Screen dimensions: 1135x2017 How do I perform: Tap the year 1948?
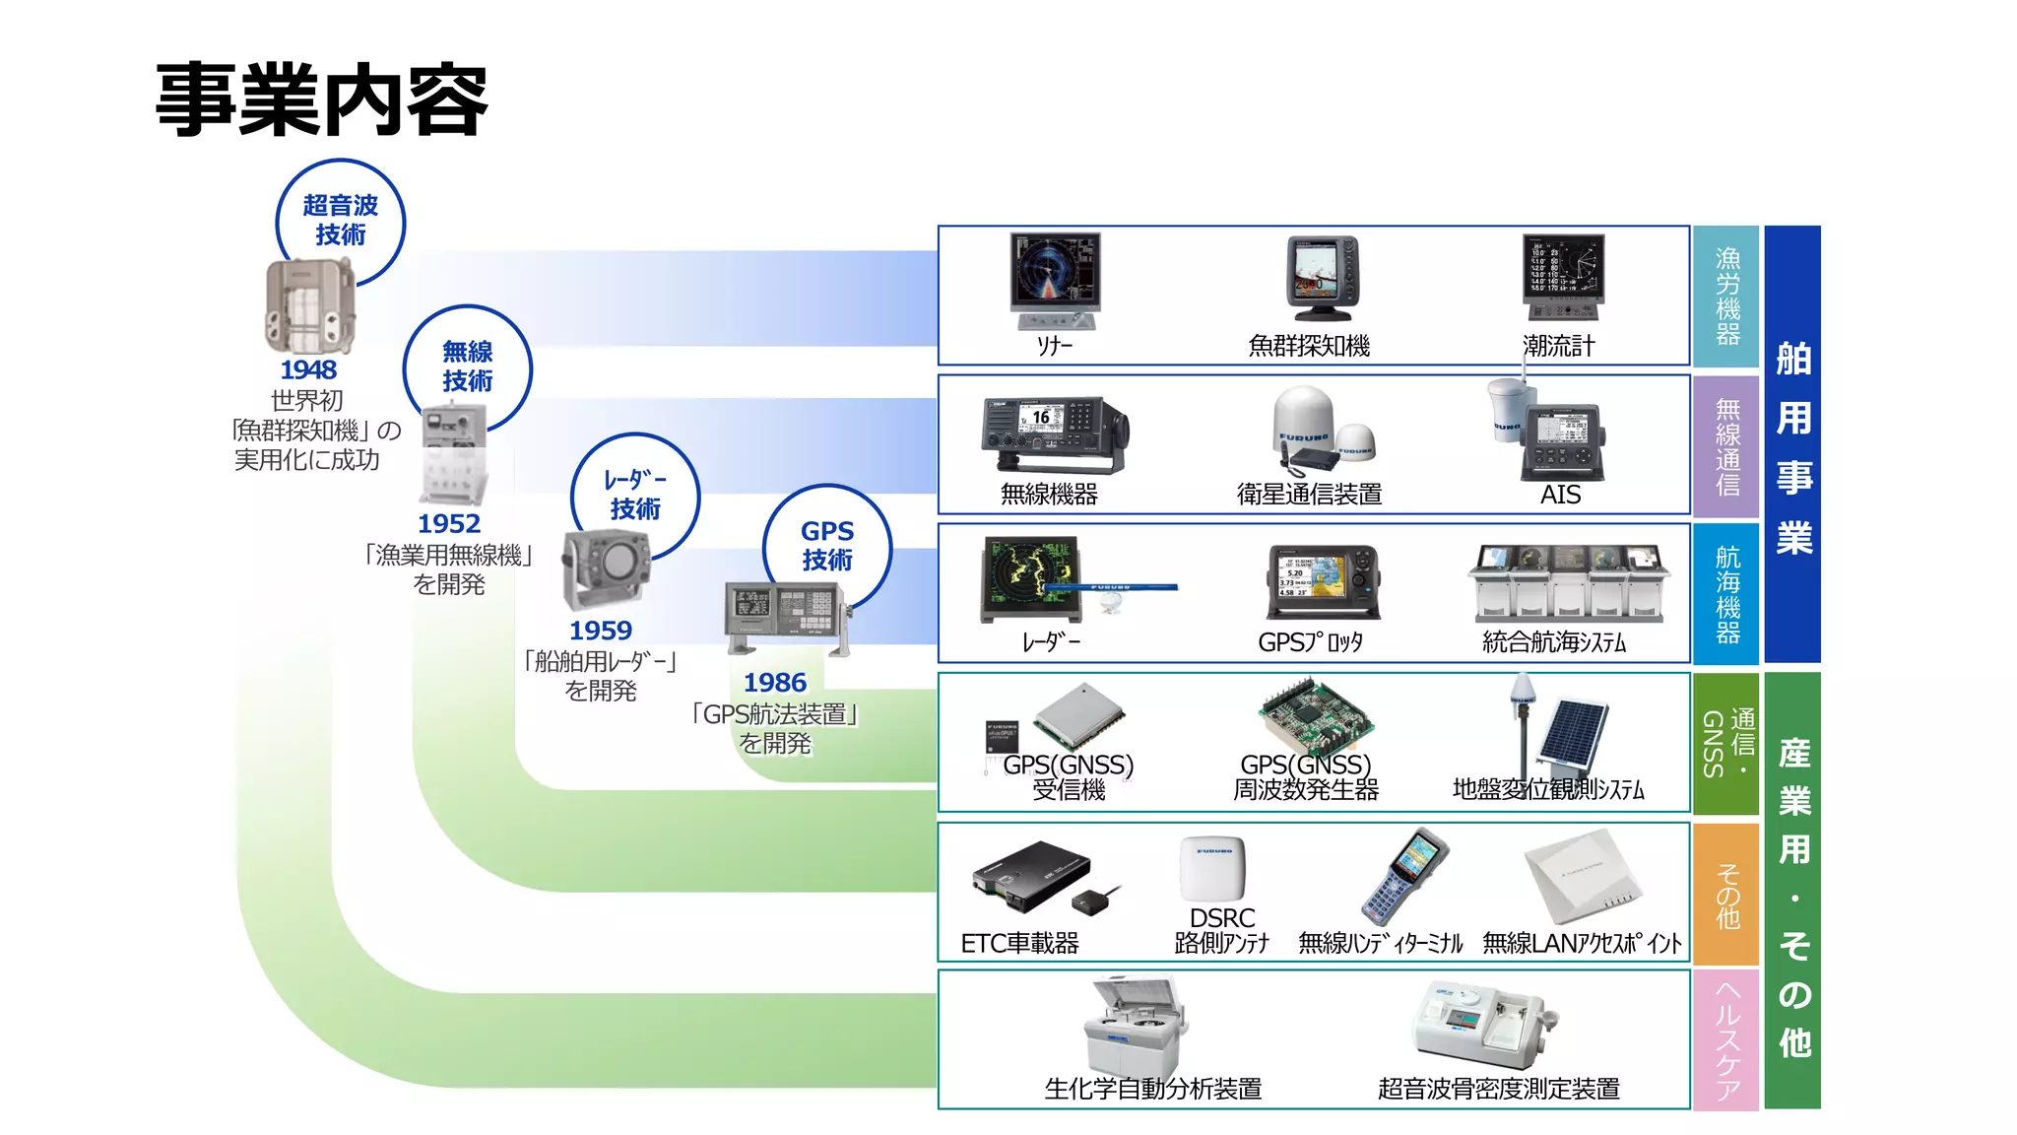[x=308, y=369]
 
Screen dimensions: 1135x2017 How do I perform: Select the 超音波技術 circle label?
[x=340, y=220]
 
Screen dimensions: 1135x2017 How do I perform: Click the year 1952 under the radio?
[x=449, y=523]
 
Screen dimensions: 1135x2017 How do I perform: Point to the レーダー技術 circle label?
[x=635, y=495]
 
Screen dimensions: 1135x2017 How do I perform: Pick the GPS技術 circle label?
[x=827, y=545]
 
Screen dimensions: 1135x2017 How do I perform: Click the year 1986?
[x=775, y=682]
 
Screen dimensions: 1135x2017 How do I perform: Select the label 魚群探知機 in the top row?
[x=1309, y=346]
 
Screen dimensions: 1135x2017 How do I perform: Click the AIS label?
[x=1560, y=495]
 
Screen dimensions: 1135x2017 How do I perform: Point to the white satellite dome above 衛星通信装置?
[x=1303, y=419]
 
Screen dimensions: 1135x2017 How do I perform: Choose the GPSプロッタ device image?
[x=1323, y=581]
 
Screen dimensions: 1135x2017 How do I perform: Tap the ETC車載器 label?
[x=1019, y=943]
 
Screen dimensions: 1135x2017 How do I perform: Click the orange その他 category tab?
[x=1726, y=895]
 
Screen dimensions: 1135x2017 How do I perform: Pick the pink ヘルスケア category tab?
[x=1726, y=1040]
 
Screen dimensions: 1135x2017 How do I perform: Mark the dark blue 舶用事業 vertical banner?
[x=1792, y=443]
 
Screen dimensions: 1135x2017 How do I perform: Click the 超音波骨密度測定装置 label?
[x=1498, y=1089]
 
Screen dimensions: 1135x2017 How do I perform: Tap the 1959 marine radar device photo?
[x=606, y=568]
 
